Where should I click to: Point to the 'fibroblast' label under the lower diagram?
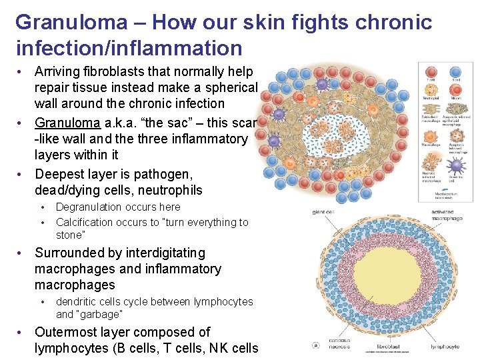pos(389,347)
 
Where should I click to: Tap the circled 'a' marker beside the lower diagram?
pos(315,346)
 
